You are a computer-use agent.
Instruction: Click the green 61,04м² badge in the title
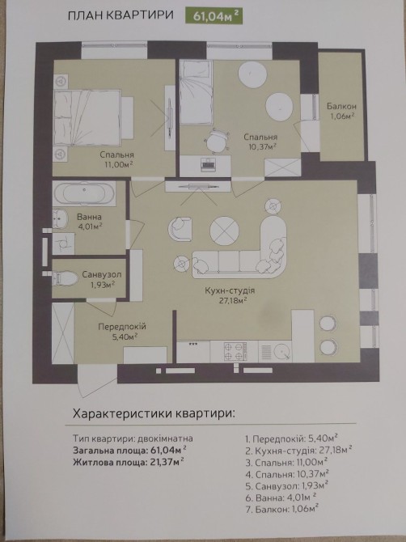point(214,15)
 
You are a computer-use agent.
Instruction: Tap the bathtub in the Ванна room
point(84,194)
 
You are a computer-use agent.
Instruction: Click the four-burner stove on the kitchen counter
point(235,352)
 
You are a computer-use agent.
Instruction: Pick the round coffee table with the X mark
point(224,231)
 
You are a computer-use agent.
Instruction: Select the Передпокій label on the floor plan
point(122,327)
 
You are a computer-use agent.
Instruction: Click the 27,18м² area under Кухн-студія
point(233,300)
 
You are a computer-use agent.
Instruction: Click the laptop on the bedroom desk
point(208,163)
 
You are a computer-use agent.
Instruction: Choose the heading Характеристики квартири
point(154,413)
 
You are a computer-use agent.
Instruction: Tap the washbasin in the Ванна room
point(61,218)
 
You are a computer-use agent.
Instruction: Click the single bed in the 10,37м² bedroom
point(196,92)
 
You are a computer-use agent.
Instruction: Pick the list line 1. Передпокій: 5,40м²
point(291,438)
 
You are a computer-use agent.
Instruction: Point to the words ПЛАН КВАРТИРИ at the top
point(121,15)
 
